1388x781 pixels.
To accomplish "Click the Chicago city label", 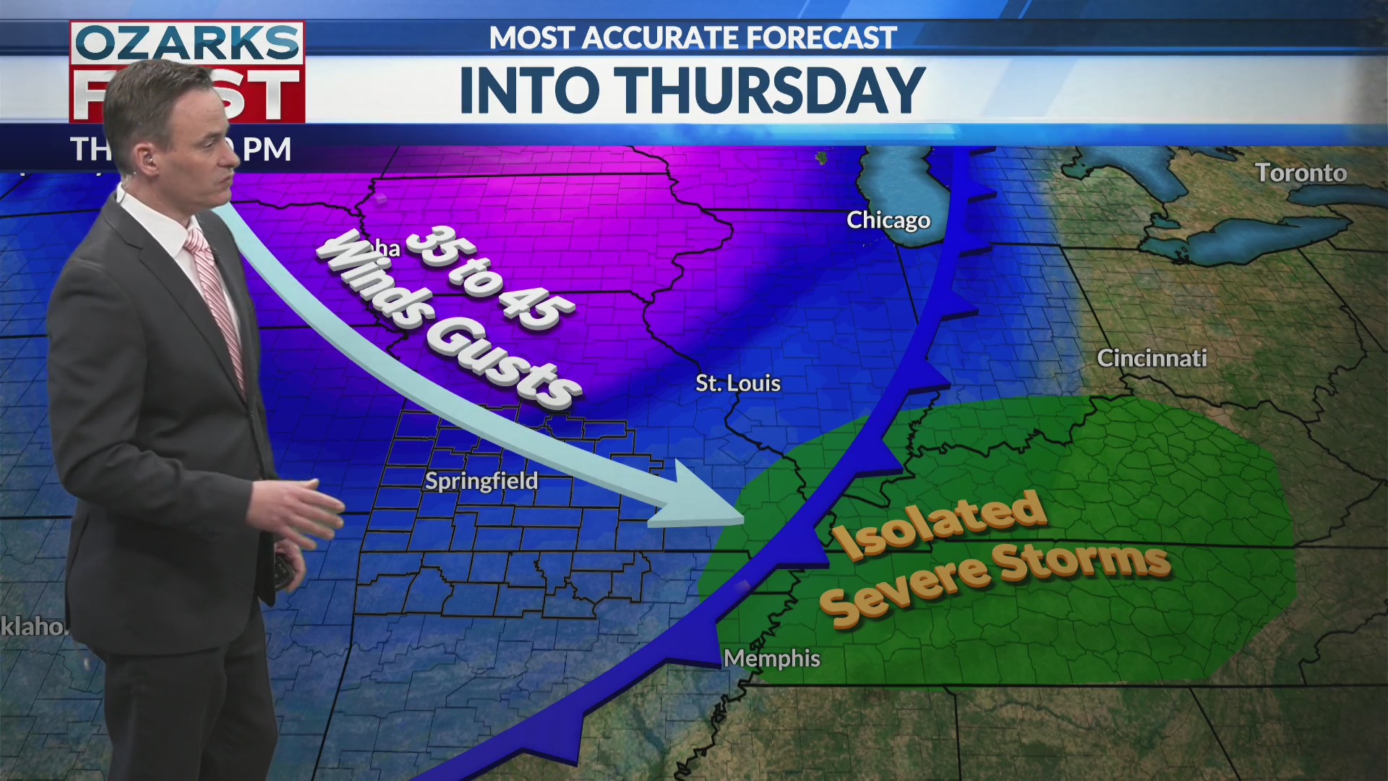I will [x=888, y=221].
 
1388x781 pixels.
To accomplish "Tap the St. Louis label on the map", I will [x=737, y=383].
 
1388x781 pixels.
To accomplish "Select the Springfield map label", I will [x=481, y=481].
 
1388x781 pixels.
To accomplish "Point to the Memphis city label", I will [x=771, y=659].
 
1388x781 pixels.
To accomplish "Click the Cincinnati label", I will [x=1152, y=358].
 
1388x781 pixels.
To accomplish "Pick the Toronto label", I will [x=1301, y=173].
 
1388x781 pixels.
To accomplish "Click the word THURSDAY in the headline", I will [x=771, y=90].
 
